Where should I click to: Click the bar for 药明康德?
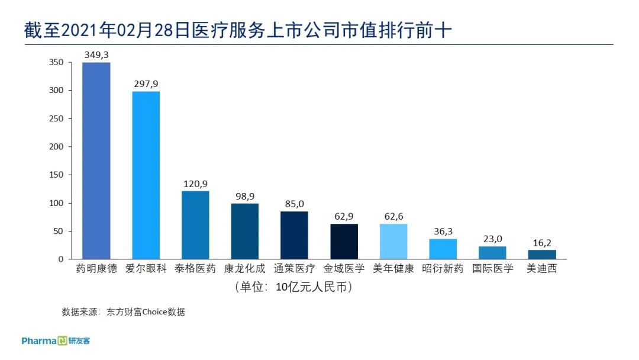[96, 160]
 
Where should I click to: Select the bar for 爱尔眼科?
[146, 175]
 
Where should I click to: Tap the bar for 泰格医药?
[195, 225]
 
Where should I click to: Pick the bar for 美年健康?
[393, 242]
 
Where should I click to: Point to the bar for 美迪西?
[542, 255]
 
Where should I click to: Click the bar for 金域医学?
[344, 242]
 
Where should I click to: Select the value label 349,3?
[96, 55]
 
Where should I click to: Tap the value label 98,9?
[245, 196]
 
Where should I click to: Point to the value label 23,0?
[493, 239]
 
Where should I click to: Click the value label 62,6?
[393, 217]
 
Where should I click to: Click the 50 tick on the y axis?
[59, 231]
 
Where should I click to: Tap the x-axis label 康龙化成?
[245, 269]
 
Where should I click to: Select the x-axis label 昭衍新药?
[443, 269]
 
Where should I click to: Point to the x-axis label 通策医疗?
[295, 269]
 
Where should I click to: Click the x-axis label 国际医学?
[493, 269]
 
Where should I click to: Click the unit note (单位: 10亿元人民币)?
[294, 287]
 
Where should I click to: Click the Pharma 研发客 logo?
[56, 341]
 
